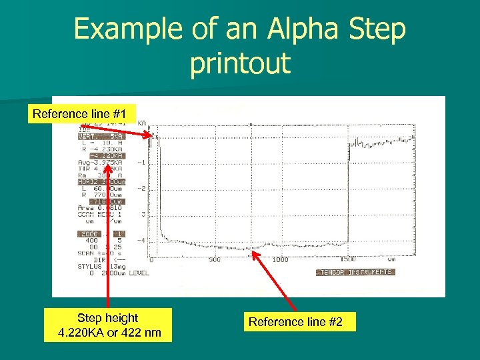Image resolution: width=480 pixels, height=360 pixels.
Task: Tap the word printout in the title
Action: click(240, 63)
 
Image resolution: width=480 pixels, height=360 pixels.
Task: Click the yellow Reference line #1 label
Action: click(84, 114)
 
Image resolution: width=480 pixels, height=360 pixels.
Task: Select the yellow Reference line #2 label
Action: click(295, 322)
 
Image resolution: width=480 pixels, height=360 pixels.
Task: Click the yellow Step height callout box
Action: click(108, 325)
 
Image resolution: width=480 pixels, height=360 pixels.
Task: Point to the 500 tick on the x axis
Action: click(214, 260)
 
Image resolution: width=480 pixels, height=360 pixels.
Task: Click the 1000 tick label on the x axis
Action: click(280, 260)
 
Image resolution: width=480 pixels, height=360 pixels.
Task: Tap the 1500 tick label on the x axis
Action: click(347, 260)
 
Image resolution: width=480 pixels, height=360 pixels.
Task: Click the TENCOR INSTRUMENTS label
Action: click(355, 272)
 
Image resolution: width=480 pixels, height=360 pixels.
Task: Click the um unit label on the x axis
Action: click(391, 259)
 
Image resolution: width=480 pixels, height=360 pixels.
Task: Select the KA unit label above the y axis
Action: click(143, 123)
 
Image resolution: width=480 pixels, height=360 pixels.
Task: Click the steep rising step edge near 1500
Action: click(347, 200)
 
